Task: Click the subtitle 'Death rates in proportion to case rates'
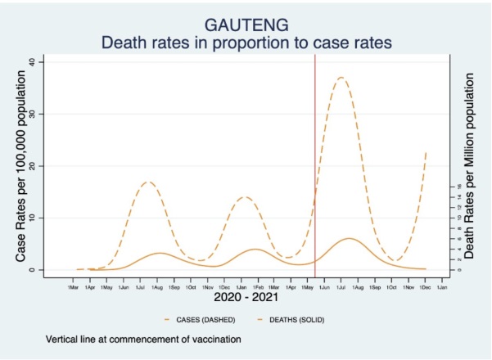point(246,42)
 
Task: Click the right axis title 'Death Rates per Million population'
point(470,165)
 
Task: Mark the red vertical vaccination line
point(315,164)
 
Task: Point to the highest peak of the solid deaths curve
point(350,239)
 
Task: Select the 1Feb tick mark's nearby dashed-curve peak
point(245,197)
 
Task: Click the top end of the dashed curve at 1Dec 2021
point(426,151)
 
